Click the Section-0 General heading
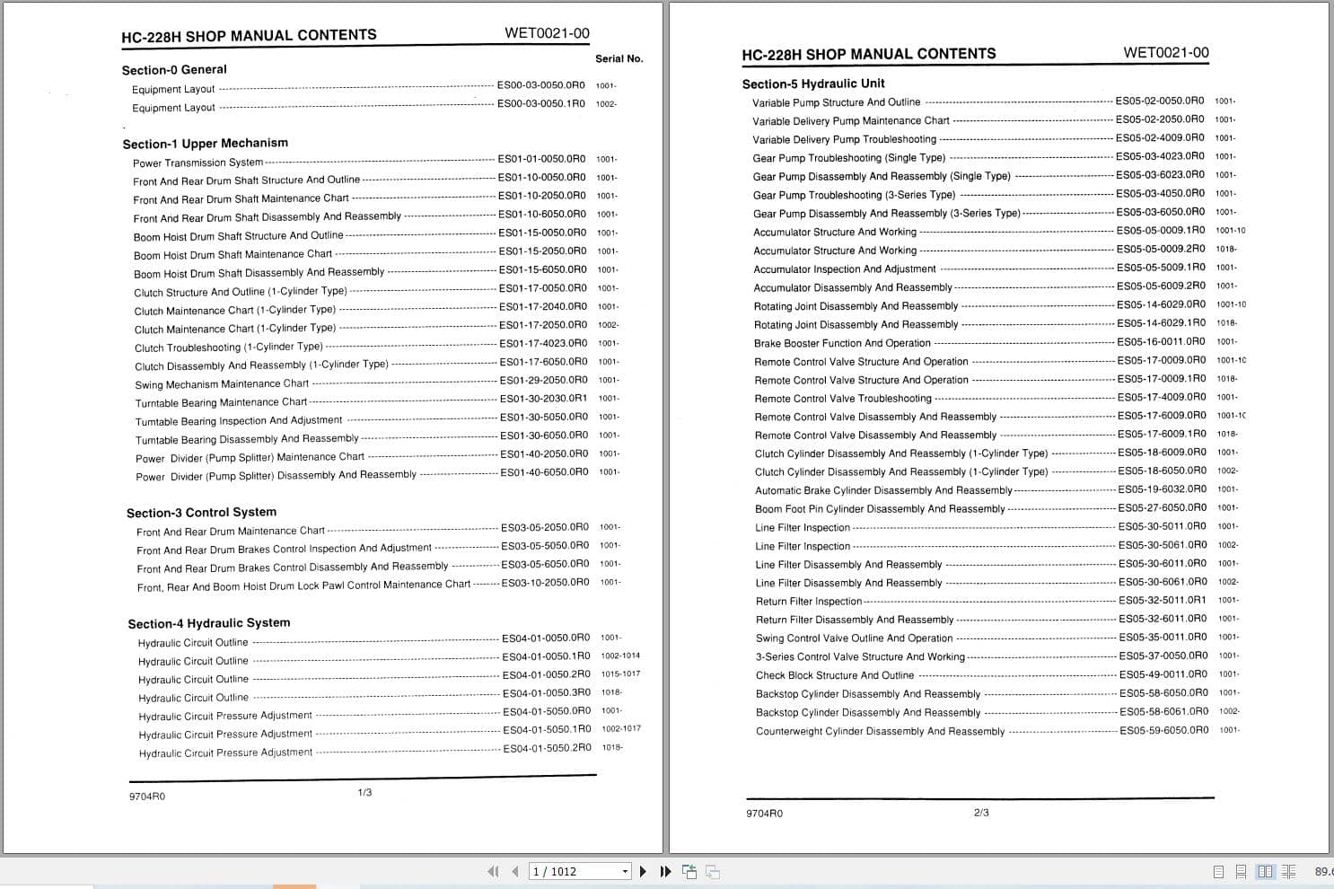pos(174,70)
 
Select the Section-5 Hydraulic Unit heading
pos(813,84)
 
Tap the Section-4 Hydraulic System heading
pos(208,623)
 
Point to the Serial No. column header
pos(619,59)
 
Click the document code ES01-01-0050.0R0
pos(541,159)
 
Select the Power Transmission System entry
pos(197,163)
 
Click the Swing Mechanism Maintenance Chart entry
pos(222,384)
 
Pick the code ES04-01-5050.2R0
pos(547,748)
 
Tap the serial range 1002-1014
pos(620,656)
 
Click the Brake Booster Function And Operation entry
pos(842,343)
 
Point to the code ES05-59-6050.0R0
pos(1163,731)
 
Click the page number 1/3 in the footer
pos(364,793)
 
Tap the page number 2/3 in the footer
pos(981,813)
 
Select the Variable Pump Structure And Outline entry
pos(836,102)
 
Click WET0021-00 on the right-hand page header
pos(1165,53)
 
